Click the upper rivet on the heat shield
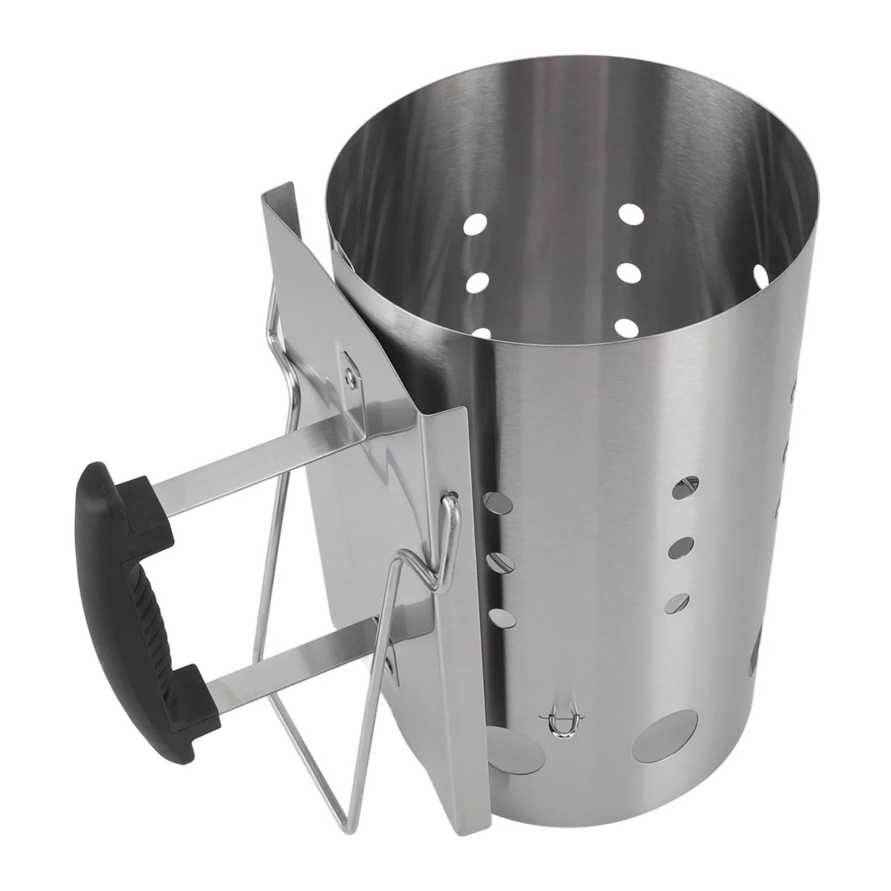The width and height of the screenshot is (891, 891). [x=350, y=371]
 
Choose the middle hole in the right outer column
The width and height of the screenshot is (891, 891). [x=680, y=546]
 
